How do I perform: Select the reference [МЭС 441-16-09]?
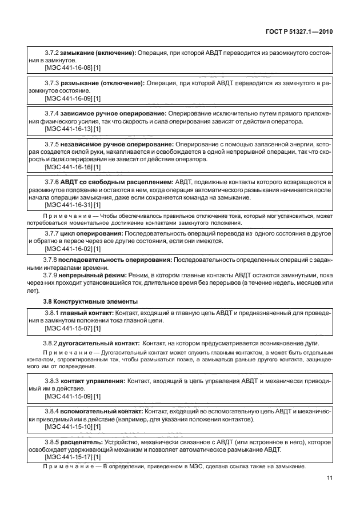68,98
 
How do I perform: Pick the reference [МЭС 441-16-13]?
68,129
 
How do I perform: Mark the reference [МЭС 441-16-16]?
68,167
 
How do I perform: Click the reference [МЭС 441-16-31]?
68,205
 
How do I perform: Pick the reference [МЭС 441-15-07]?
68,328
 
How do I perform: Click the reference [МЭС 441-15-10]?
68,427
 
